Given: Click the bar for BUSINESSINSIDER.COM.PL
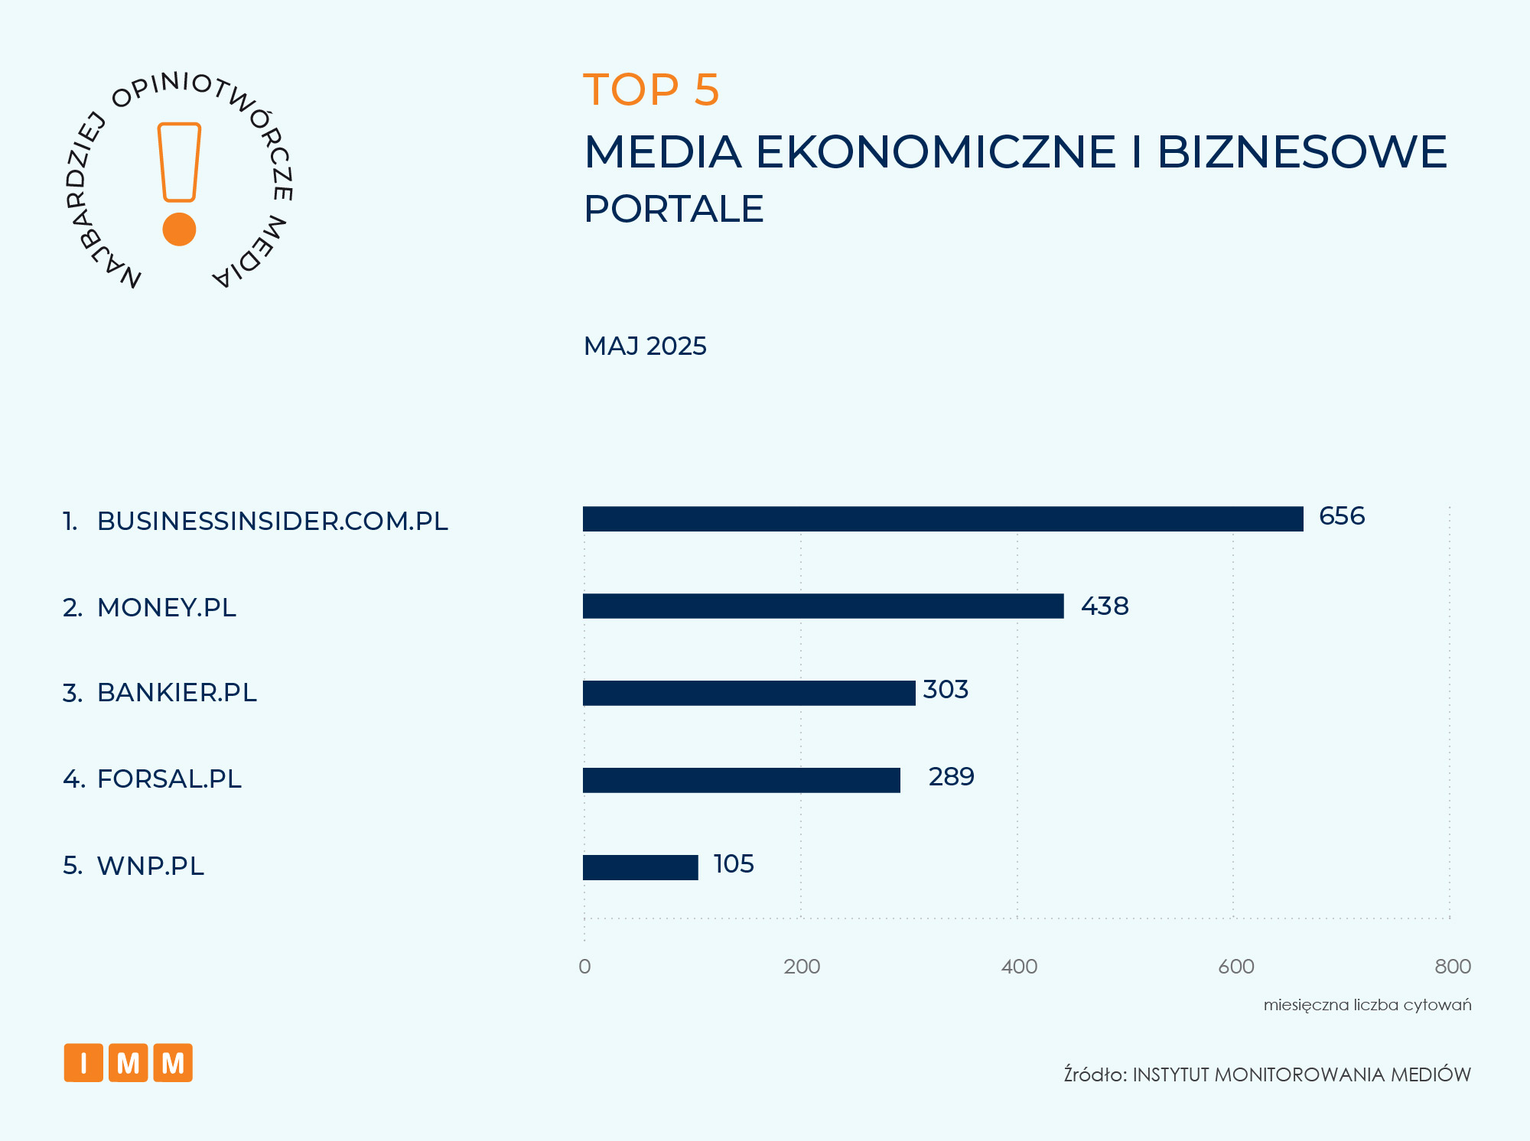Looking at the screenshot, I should (942, 518).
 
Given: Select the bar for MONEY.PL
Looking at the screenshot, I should (823, 606).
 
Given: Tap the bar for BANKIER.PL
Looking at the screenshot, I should (749, 693).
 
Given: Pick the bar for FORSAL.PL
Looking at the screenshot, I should (741, 780).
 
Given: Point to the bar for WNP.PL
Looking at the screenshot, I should (640, 867).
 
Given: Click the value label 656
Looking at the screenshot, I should (1342, 516).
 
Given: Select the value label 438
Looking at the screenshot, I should (1105, 606).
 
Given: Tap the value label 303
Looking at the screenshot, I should (946, 690).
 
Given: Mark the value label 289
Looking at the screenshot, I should (951, 777).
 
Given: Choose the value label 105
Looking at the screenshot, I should (734, 864).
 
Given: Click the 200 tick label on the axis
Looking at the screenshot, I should (802, 967).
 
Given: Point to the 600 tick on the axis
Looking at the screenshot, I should (1236, 967).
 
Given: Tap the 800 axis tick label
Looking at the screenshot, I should (1453, 967).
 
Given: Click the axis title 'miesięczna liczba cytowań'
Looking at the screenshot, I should (1367, 1005).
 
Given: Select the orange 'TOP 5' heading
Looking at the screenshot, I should (651, 89).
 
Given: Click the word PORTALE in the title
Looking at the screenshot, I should (673, 209).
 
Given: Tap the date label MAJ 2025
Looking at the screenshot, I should (645, 346).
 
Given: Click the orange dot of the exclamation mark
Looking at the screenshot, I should (180, 229).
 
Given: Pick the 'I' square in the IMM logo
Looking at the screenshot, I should (83, 1063).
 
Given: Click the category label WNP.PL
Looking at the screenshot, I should (151, 866).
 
